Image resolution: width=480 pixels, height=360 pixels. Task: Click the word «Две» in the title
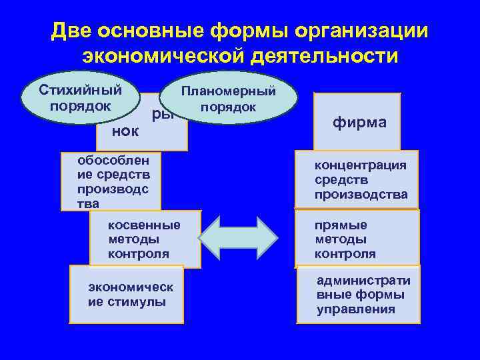click(x=71, y=32)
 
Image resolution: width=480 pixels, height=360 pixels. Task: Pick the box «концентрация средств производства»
click(x=357, y=180)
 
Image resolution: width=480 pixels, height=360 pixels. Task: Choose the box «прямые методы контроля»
click(x=357, y=239)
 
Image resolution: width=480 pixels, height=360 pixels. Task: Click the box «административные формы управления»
click(x=359, y=295)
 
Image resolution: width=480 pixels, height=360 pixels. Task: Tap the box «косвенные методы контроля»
click(x=145, y=239)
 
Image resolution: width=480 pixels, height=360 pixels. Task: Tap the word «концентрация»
click(x=361, y=165)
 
